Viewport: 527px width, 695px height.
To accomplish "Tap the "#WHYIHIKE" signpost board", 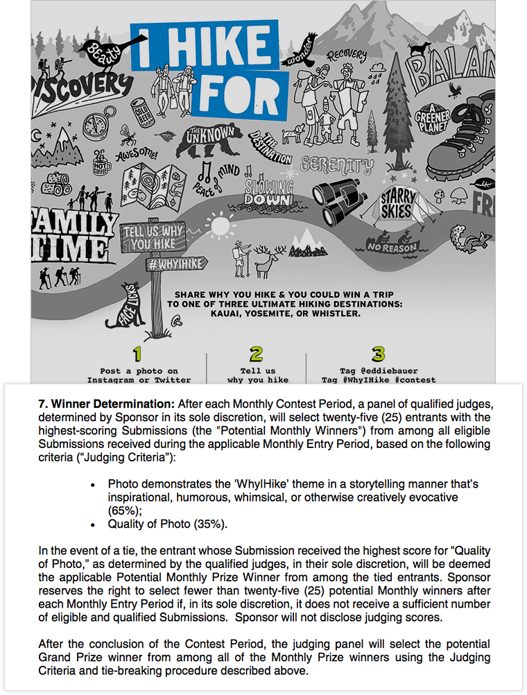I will tap(162, 264).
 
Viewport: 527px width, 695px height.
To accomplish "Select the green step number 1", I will tap(137, 354).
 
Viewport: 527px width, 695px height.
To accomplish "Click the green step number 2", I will tap(256, 354).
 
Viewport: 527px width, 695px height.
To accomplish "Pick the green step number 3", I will tap(379, 354).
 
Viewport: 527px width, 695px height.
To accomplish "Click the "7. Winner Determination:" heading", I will tap(107, 403).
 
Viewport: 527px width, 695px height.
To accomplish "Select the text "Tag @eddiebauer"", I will tap(379, 371).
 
